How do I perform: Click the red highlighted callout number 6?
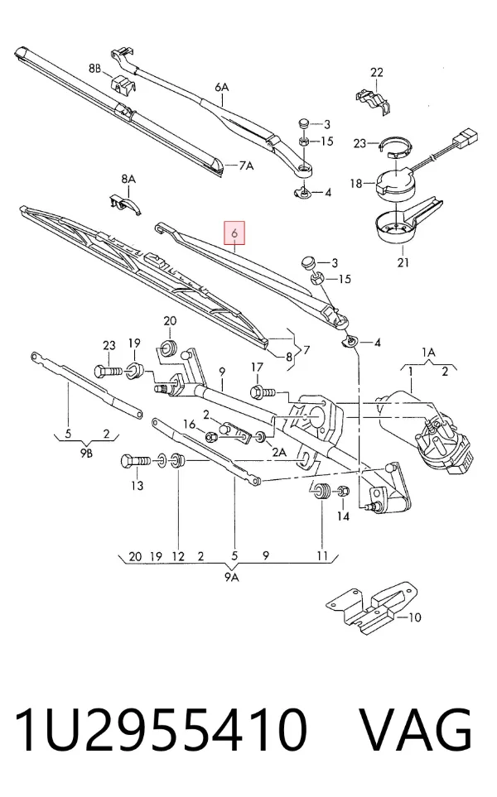coord(234,234)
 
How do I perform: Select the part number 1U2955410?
coord(162,730)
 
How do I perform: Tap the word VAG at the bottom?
coord(416,730)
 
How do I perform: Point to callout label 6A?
coord(222,88)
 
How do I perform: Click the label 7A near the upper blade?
coord(246,166)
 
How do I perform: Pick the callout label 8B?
coord(95,68)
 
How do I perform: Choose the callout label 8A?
coord(128,179)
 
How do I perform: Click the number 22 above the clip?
coord(376,72)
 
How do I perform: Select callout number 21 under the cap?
coord(403,263)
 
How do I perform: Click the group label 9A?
coord(231,577)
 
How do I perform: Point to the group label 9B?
coord(86,454)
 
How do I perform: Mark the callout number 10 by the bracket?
coord(415,617)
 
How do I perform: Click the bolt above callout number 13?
coord(136,462)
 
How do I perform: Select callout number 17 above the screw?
coord(257,367)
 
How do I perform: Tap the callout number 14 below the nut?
coord(344,516)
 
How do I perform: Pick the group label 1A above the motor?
coord(428,353)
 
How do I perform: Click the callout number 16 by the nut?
coord(189,424)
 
